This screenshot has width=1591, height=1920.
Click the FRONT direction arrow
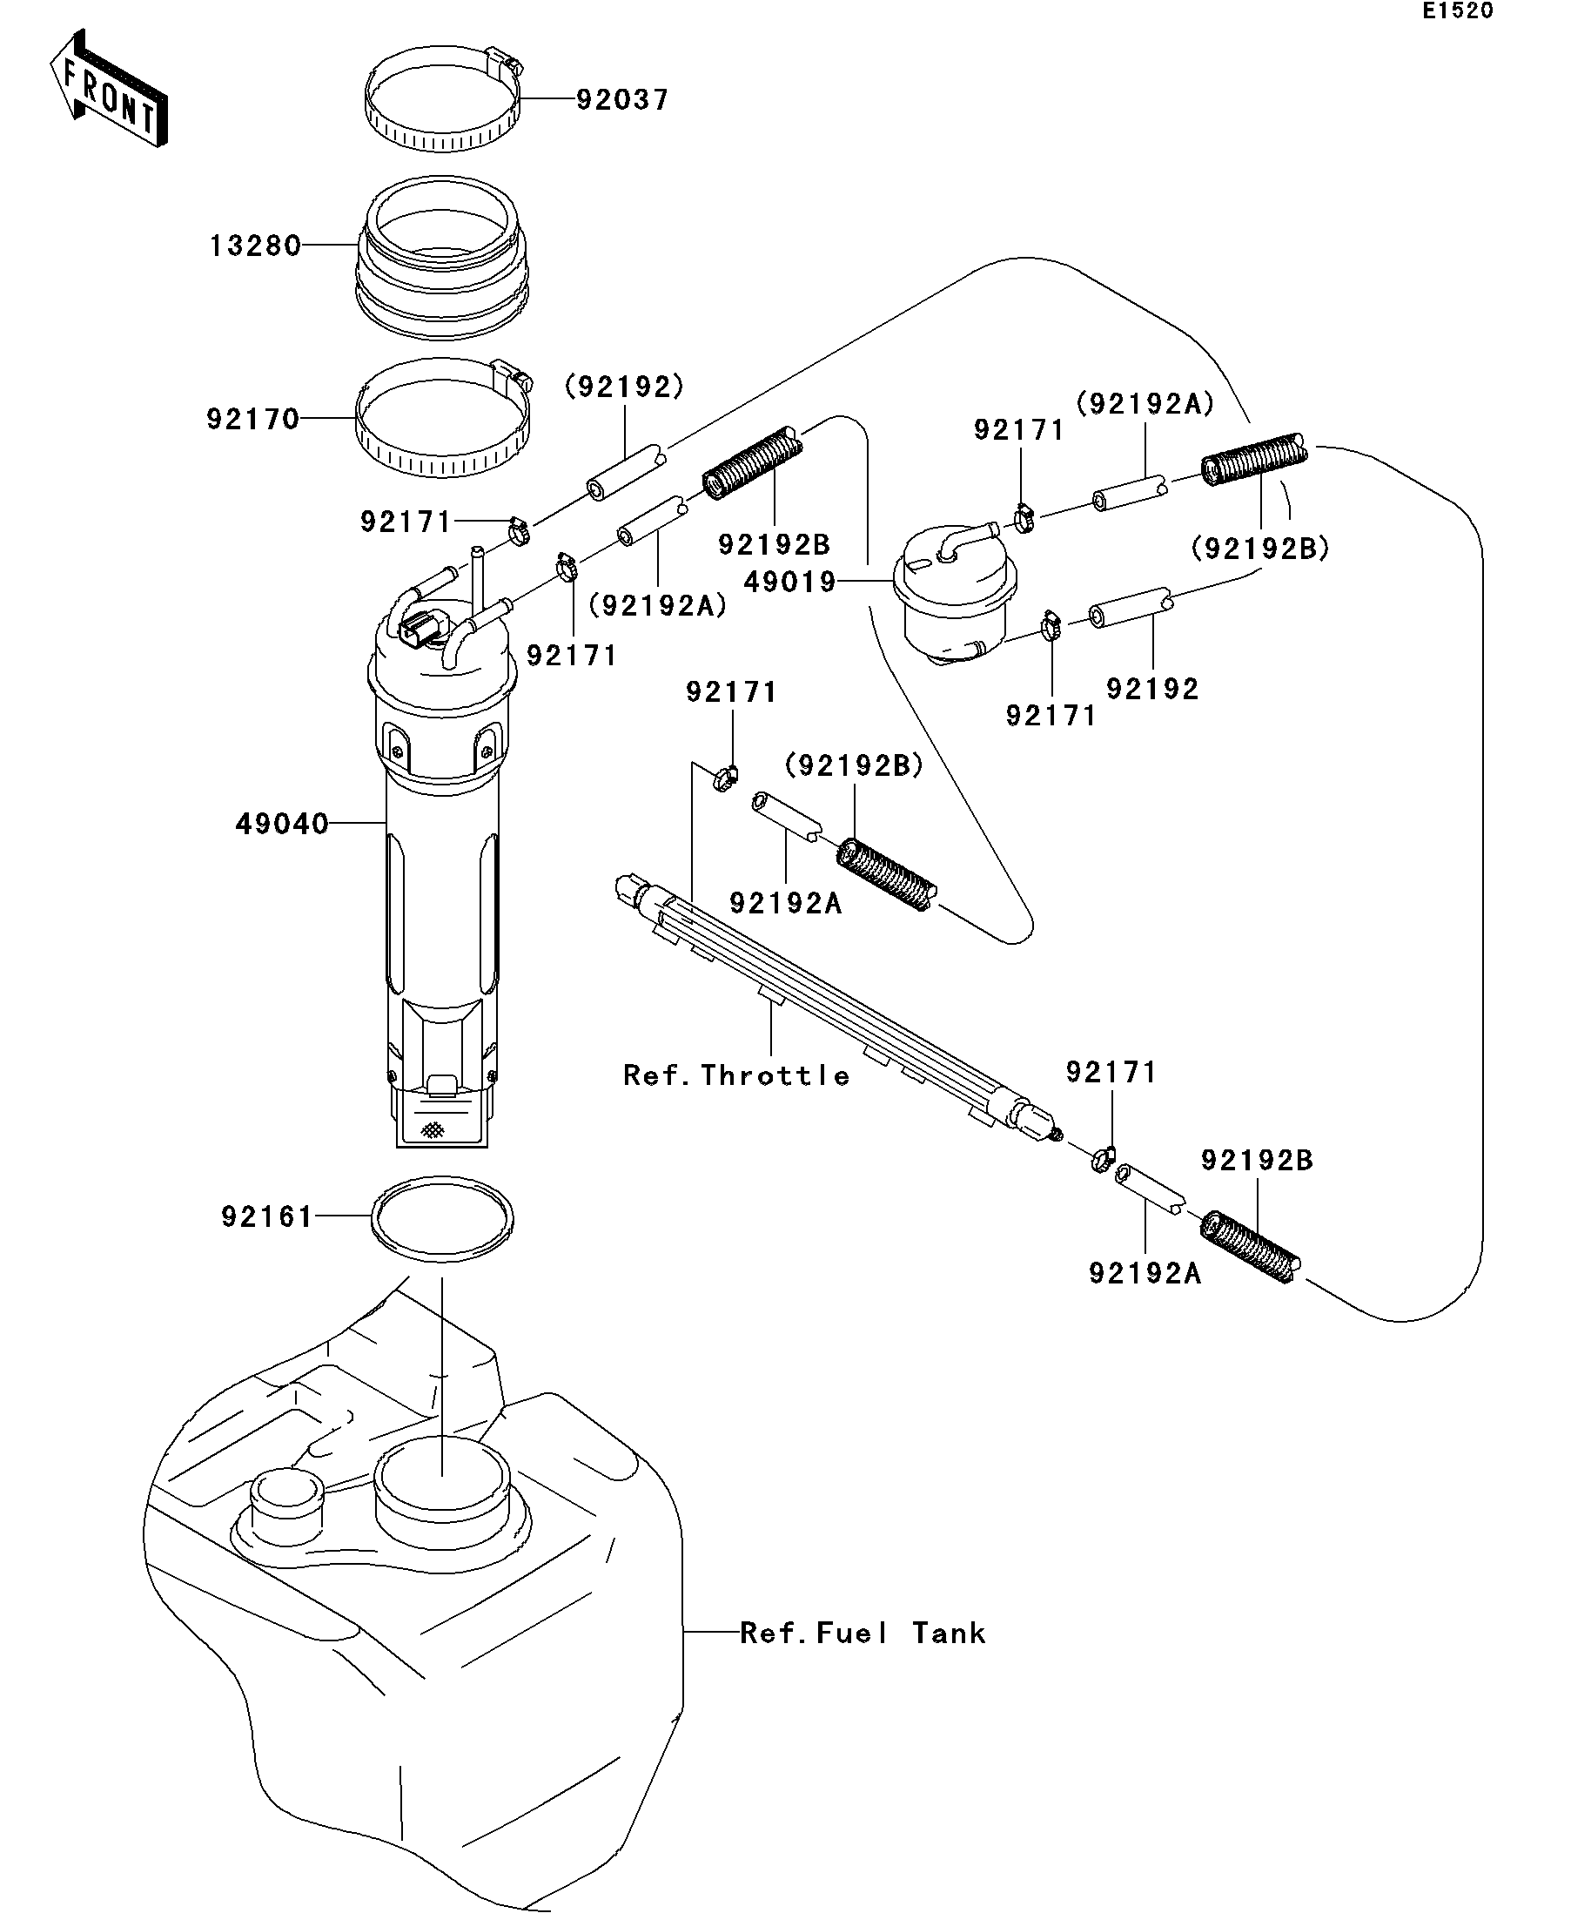[x=109, y=90]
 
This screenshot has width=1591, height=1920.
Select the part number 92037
[x=622, y=99]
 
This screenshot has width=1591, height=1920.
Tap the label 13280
[x=255, y=246]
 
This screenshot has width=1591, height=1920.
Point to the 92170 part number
[x=253, y=420]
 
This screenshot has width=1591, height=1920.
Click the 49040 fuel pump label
[x=282, y=824]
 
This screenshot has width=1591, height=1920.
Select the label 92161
[x=268, y=1217]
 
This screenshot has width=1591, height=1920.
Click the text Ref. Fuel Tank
[x=863, y=1633]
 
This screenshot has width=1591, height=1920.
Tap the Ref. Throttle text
[x=736, y=1075]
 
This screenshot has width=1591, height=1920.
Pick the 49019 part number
[x=790, y=582]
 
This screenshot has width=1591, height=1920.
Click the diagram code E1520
[x=1458, y=11]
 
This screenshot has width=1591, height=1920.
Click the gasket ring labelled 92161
[x=442, y=1219]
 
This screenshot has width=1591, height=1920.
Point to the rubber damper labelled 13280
[x=442, y=257]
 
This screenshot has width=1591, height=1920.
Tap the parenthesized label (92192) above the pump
[x=625, y=387]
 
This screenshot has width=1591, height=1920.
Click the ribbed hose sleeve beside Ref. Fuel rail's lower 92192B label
[x=1249, y=1247]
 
